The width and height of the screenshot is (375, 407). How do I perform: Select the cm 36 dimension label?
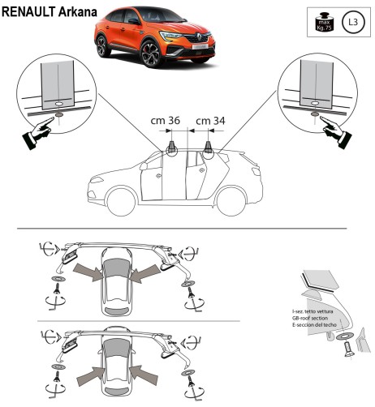pyautogui.click(x=166, y=120)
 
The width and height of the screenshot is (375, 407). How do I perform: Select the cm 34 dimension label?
pyautogui.click(x=210, y=120)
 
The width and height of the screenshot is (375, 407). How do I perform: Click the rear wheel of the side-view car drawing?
pyautogui.click(x=236, y=198)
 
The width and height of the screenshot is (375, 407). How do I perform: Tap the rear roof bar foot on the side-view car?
pyautogui.click(x=209, y=147)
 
